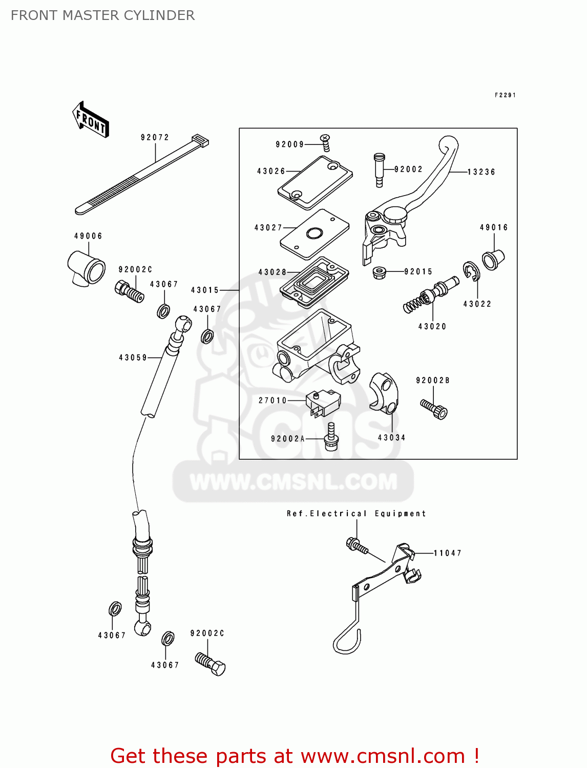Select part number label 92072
click(155, 137)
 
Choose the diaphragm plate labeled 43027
click(315, 233)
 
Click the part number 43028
click(272, 272)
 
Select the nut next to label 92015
click(379, 272)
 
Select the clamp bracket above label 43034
click(384, 393)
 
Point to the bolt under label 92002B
click(434, 409)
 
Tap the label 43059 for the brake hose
click(133, 358)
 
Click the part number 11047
click(447, 553)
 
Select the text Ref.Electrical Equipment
click(356, 514)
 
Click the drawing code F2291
click(505, 95)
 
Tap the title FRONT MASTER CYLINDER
click(102, 15)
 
